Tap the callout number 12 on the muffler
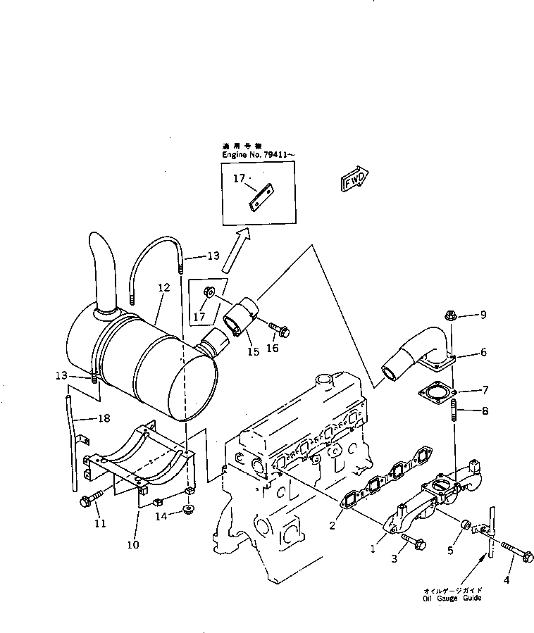tap(164, 287)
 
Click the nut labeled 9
tap(452, 316)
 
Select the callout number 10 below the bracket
tap(135, 544)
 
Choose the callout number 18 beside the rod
tap(104, 418)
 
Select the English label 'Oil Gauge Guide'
tap(452, 598)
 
